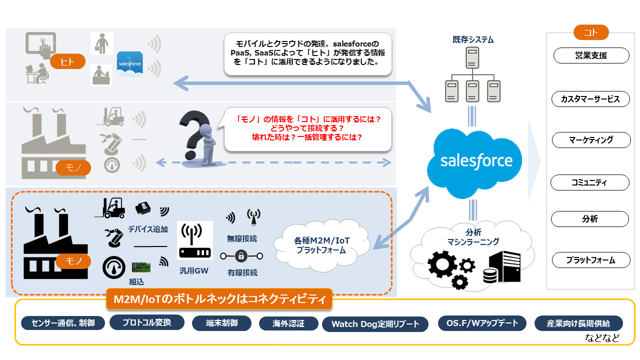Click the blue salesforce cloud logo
(475, 161)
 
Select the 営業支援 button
(590, 55)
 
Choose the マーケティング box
(590, 140)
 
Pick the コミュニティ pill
(589, 182)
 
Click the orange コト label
(590, 32)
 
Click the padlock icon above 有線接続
(241, 256)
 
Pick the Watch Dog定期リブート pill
(375, 324)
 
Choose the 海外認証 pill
(288, 323)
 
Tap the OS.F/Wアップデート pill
(481, 323)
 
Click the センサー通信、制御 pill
(63, 323)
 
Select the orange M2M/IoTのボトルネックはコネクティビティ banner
(219, 299)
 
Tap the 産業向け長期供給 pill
(579, 323)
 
